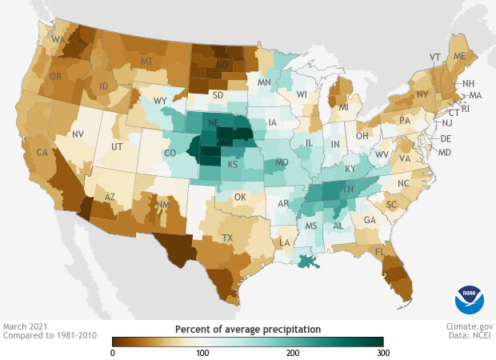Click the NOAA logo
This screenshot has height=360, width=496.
(470, 298)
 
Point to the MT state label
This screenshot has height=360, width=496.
(147, 62)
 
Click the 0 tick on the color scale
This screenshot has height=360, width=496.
(112, 352)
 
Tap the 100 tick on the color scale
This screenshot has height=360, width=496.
(202, 352)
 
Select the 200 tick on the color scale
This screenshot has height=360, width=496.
(293, 352)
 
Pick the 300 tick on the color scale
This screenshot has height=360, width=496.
(383, 352)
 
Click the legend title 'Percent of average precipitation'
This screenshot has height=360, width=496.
(248, 329)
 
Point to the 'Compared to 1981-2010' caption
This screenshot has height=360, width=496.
(49, 336)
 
